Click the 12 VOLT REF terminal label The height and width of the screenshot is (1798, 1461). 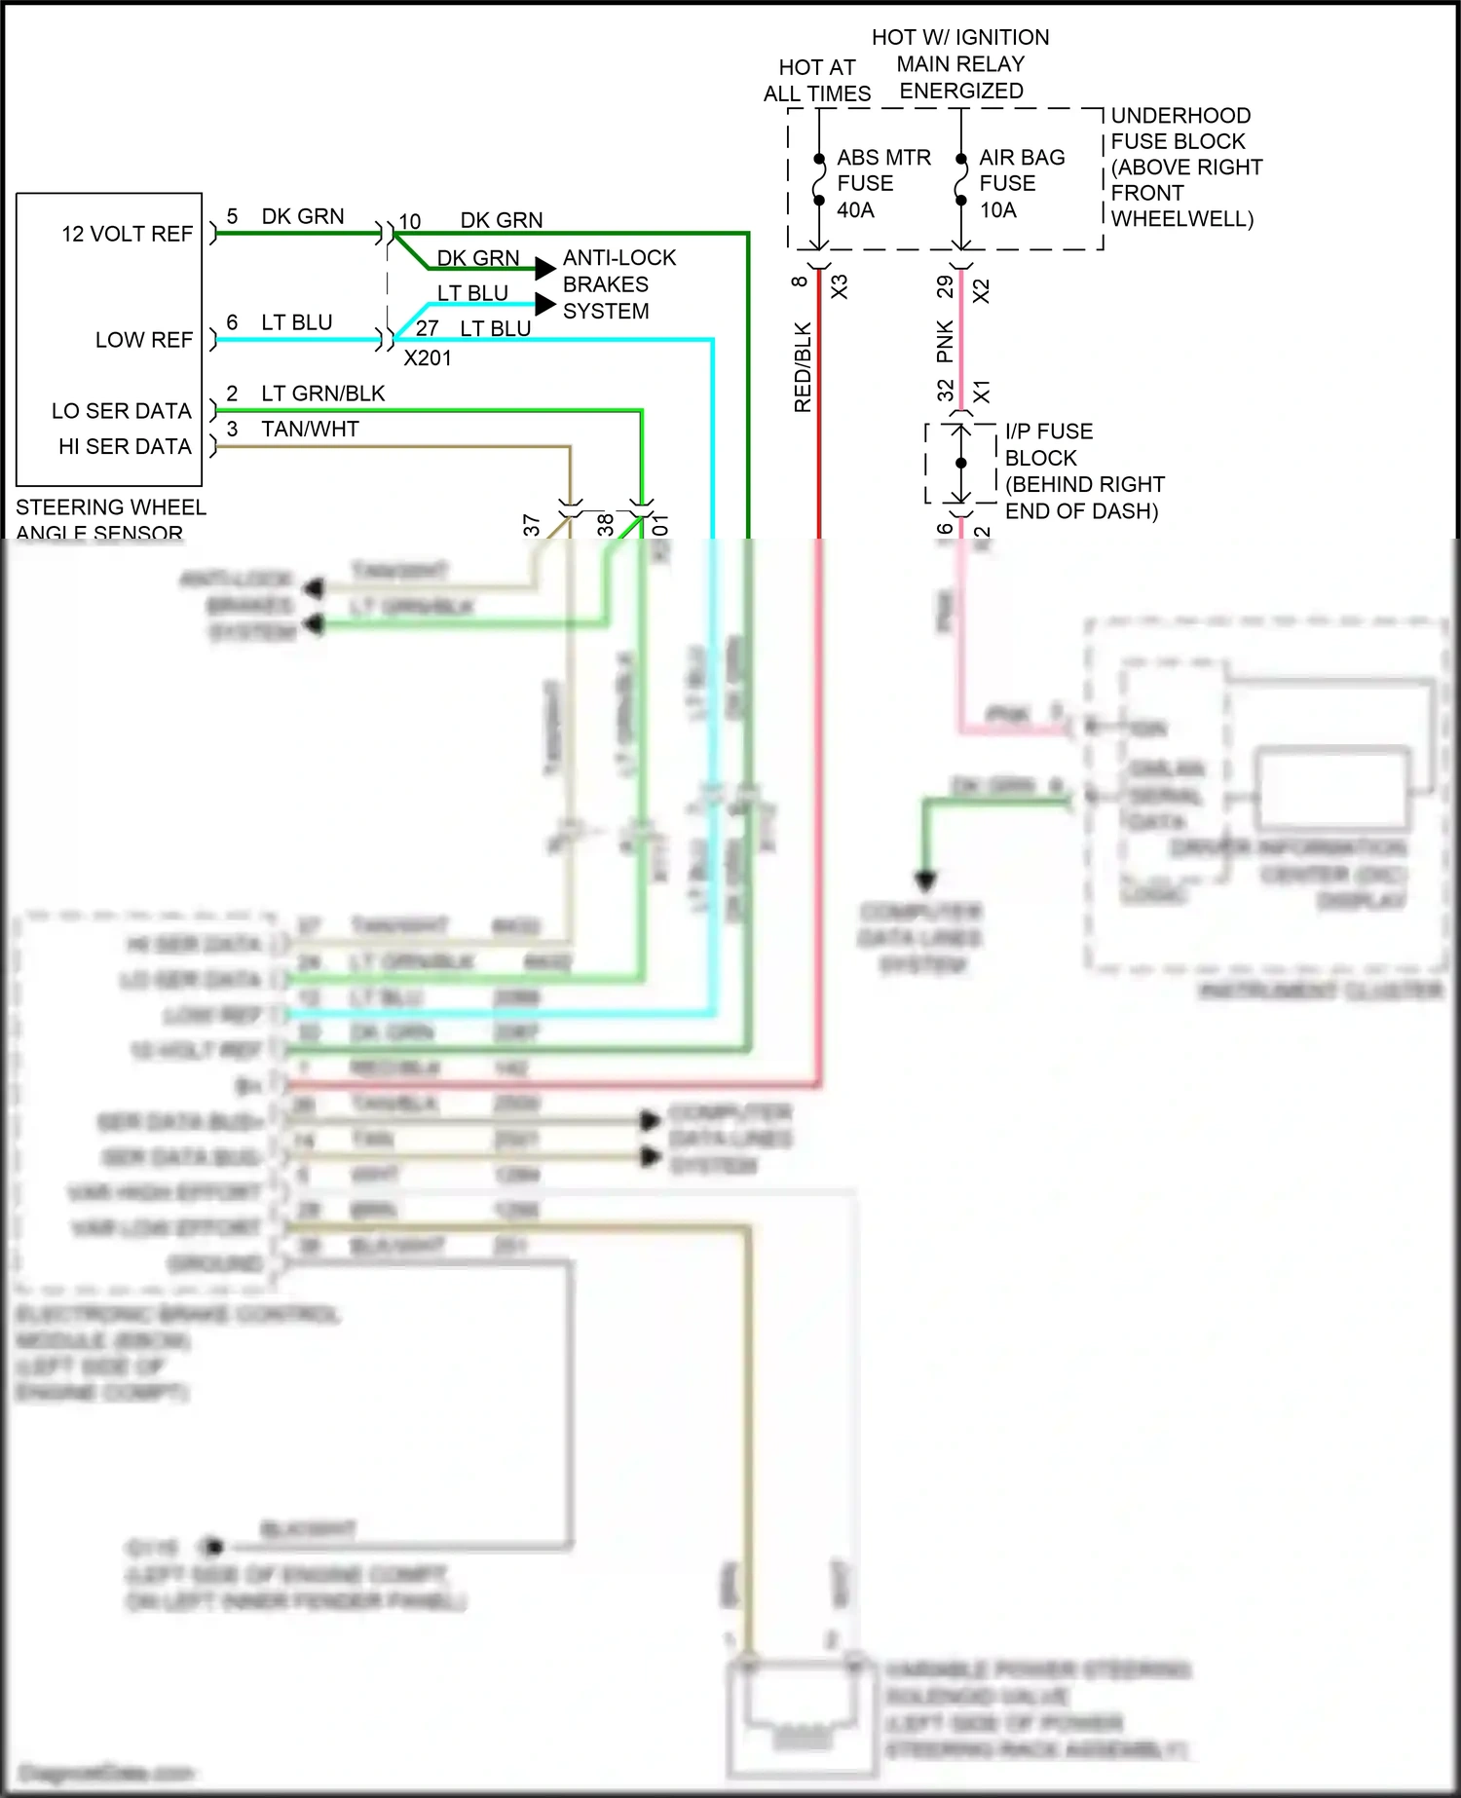(x=127, y=234)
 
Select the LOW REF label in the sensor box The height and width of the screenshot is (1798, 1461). (x=143, y=340)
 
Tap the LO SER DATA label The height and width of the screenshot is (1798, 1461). (x=121, y=411)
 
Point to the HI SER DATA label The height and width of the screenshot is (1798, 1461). (x=125, y=446)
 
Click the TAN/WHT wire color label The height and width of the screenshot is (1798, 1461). (x=310, y=430)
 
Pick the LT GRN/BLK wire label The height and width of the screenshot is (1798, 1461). (x=322, y=393)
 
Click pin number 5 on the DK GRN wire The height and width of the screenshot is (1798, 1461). (x=232, y=216)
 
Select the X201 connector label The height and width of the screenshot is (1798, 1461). (x=428, y=358)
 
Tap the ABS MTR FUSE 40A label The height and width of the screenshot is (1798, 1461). (x=882, y=183)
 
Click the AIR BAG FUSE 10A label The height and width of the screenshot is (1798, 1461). (x=1021, y=183)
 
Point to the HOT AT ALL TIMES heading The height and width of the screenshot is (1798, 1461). (x=816, y=81)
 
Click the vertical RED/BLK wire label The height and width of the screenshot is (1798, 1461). (x=803, y=367)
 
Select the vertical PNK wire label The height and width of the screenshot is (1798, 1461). (x=945, y=341)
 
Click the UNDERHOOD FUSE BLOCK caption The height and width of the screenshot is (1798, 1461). (x=1185, y=167)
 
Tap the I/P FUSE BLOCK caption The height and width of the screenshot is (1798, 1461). (x=1083, y=471)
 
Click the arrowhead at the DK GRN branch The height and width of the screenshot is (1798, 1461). (x=546, y=269)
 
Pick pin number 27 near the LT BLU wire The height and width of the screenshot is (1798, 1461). (x=427, y=329)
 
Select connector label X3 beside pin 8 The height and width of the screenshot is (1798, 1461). (x=840, y=286)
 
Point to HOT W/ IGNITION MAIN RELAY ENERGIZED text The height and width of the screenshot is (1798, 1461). (x=960, y=64)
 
